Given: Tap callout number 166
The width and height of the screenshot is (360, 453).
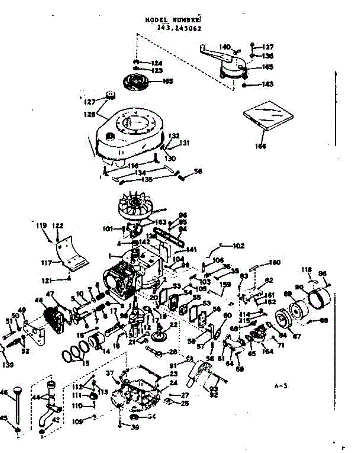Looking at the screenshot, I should [x=260, y=146].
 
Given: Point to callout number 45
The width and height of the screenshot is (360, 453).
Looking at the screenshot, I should [x=4, y=418].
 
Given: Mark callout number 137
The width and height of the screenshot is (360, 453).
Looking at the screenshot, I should [x=268, y=48].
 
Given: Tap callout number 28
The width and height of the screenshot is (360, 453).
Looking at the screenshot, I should [x=173, y=352].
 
